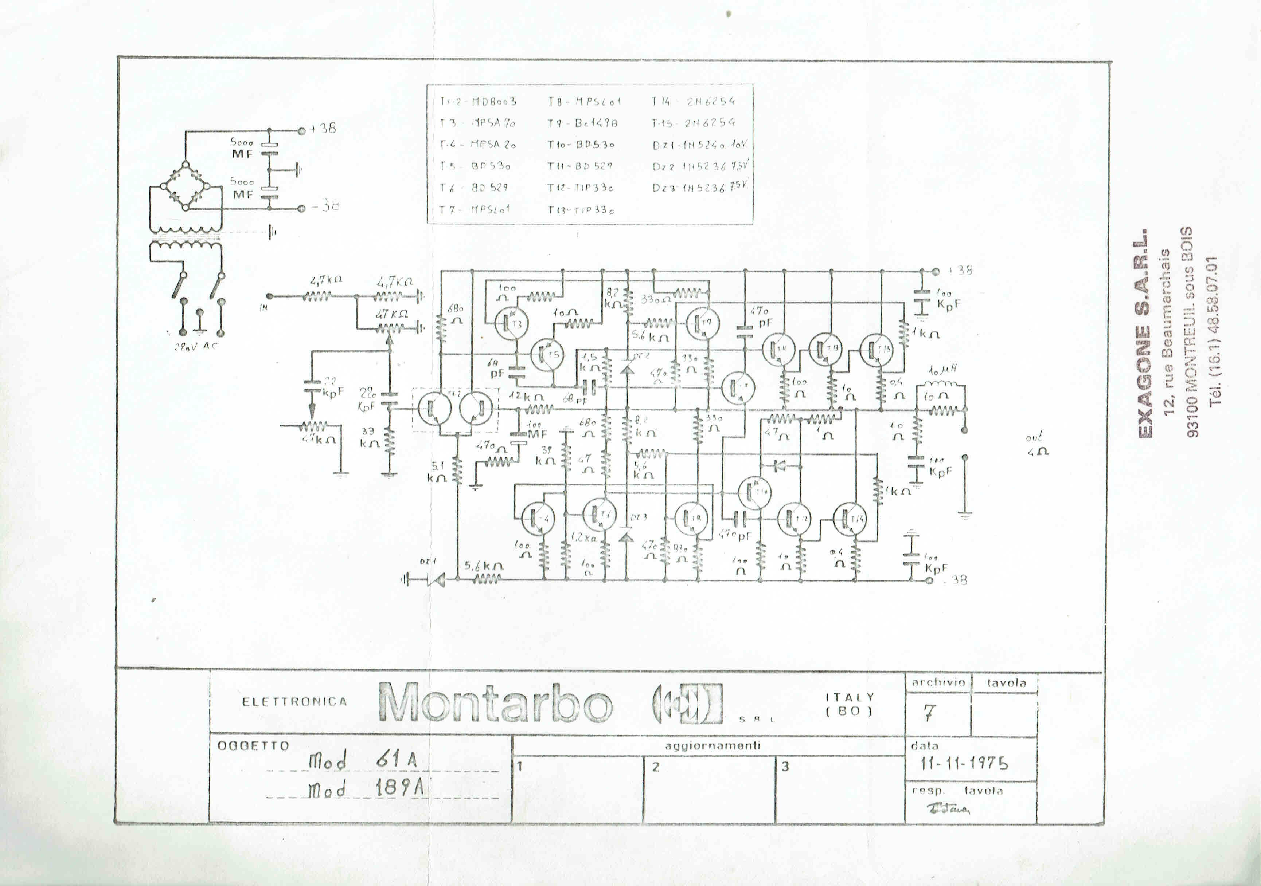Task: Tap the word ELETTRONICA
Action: tap(294, 702)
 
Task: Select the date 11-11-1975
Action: tap(964, 763)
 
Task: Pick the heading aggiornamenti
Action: tap(713, 745)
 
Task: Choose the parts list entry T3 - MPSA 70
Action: tap(478, 123)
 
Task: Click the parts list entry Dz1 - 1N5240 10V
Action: tap(700, 145)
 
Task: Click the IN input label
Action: tap(263, 308)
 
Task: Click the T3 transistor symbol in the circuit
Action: tap(511, 324)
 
